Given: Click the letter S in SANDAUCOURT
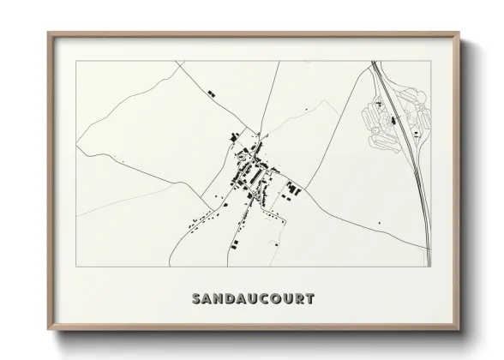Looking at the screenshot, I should click(197, 299).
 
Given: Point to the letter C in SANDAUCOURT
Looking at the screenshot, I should click(261, 299).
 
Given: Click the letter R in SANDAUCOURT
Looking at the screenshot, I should click(299, 299).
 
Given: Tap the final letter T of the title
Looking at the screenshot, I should click(310, 299).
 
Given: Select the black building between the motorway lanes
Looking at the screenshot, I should click(394, 121).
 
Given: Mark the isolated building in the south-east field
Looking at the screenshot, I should click(379, 224).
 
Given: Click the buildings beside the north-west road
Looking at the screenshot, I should click(211, 90).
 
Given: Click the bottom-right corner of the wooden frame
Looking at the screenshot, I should click(460, 329).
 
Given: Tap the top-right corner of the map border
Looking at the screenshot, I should click(430, 62).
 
